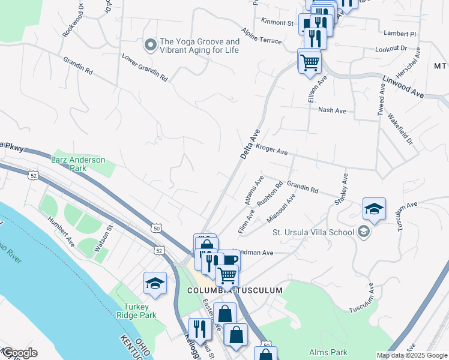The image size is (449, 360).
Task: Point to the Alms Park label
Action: pos(325,352)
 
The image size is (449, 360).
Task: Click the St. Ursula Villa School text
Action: pos(312,232)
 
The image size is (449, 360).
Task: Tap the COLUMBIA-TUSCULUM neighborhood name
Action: pos(235,290)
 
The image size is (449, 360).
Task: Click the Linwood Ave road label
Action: pos(403,85)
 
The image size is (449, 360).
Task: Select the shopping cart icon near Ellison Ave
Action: pos(309,61)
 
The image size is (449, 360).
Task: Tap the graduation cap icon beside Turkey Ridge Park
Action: pos(155,284)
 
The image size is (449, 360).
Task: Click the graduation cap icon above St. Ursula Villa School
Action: pos(374,209)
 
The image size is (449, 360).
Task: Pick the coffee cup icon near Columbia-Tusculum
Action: pos(230,260)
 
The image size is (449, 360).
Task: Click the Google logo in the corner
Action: pos(19,353)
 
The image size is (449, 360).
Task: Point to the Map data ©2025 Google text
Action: pos(412,355)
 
